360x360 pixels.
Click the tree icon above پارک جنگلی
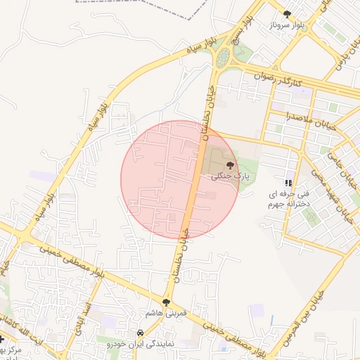pyautogui.click(x=231, y=164)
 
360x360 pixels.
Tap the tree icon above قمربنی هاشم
pyautogui.click(x=167, y=302)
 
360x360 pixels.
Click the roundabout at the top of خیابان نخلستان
pyautogui.click(x=224, y=57)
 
